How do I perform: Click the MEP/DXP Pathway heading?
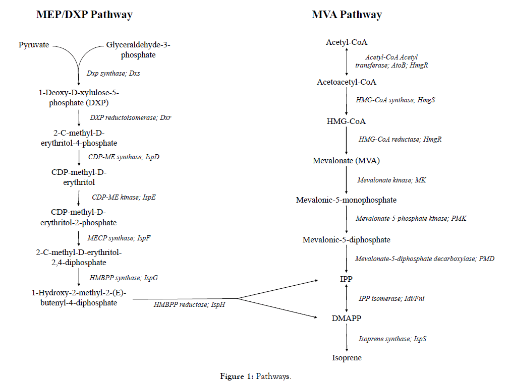tap(84, 15)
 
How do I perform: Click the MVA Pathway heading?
tap(347, 15)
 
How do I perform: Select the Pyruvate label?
tap(34, 45)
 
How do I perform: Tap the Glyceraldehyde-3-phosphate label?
tap(138, 50)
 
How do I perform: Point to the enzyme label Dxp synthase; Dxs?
tap(113, 74)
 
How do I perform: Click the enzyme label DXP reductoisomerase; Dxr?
tap(134, 117)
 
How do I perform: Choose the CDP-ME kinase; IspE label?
tap(124, 197)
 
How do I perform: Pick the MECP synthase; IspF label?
tap(118, 238)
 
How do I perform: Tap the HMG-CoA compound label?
tap(346, 121)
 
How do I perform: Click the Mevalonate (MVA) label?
tap(346, 161)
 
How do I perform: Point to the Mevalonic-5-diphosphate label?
tap(346, 240)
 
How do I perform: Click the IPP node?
tap(346, 279)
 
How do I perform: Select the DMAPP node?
tap(347, 319)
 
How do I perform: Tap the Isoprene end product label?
tap(347, 358)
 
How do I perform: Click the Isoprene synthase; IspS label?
tap(392, 339)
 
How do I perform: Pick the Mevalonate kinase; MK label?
tap(391, 180)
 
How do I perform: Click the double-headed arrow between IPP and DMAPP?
tap(347, 299)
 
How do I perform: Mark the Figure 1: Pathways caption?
tap(255, 376)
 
